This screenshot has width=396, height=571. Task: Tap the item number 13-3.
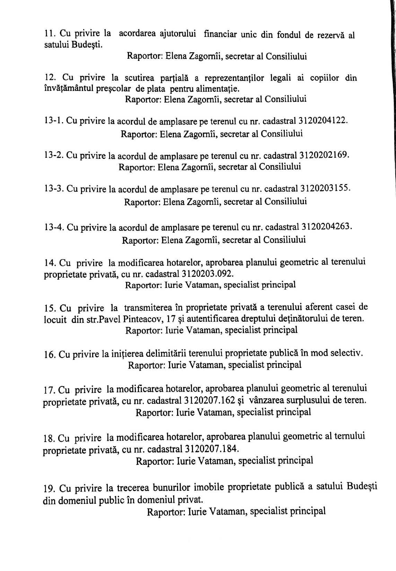pyautogui.click(x=54, y=189)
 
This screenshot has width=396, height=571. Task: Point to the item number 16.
pyautogui.click(x=50, y=355)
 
